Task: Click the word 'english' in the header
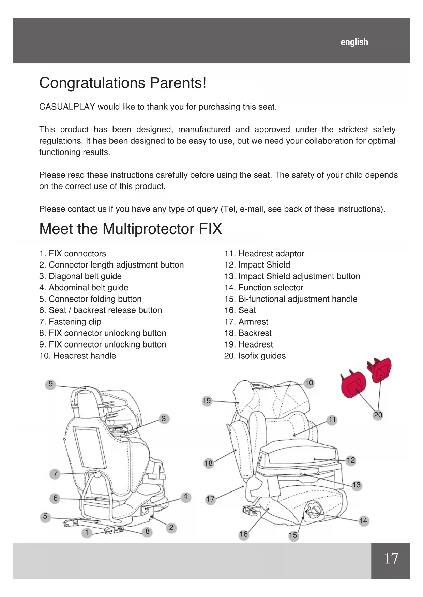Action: [354, 42]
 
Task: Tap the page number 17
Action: [391, 559]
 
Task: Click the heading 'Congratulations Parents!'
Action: [123, 83]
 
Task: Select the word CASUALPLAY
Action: [67, 107]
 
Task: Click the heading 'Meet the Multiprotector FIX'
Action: [131, 229]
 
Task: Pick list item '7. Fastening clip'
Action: [70, 322]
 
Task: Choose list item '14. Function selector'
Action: [264, 288]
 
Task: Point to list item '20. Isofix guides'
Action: [255, 356]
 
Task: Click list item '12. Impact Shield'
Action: [257, 265]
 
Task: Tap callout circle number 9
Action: [50, 384]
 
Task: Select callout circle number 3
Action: [164, 419]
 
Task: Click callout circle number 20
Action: [378, 415]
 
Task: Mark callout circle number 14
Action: [363, 521]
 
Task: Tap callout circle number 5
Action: [45, 516]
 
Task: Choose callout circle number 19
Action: [207, 401]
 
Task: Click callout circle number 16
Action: [244, 534]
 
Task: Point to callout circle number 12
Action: [351, 461]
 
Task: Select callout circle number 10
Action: [309, 383]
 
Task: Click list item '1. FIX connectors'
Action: [73, 254]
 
